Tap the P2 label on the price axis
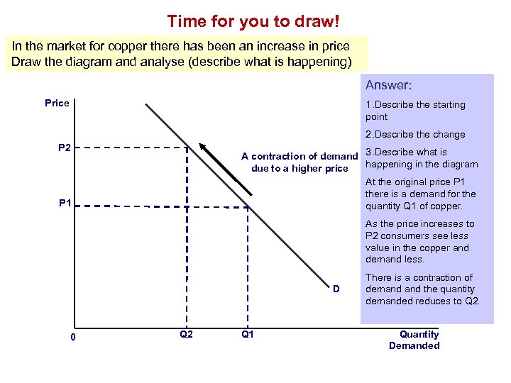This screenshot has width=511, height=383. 64,148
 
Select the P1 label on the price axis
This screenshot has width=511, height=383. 65,204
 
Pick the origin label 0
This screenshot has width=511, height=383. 73,337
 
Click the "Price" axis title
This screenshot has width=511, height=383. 57,103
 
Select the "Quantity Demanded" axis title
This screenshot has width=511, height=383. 414,340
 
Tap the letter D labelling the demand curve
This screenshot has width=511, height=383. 336,289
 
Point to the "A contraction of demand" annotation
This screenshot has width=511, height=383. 299,156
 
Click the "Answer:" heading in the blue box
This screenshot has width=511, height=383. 388,85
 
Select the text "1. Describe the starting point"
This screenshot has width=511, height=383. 415,111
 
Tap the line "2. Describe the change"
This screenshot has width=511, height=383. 415,134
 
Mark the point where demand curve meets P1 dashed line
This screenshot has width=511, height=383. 247,206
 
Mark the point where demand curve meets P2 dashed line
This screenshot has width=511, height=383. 187,148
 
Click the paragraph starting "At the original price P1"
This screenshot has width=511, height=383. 420,194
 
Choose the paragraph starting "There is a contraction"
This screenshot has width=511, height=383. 422,289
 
